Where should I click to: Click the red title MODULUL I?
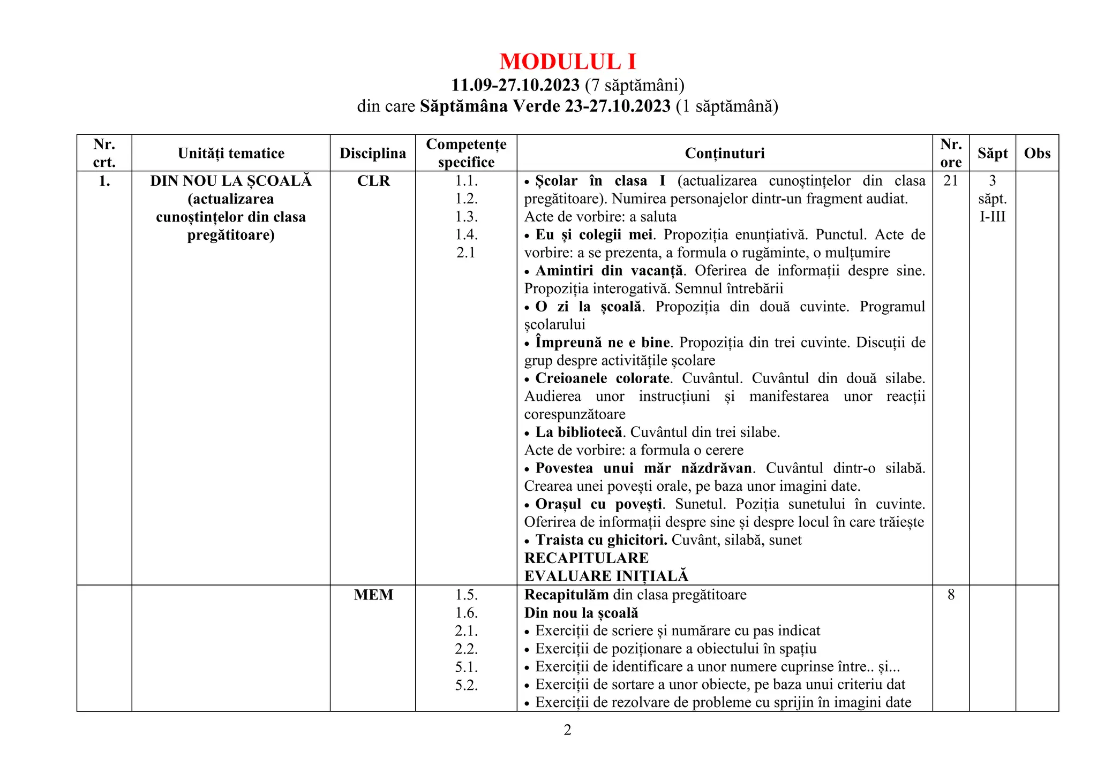pyautogui.click(x=567, y=62)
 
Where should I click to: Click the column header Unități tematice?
pyautogui.click(x=231, y=154)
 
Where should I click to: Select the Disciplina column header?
pyautogui.click(x=373, y=154)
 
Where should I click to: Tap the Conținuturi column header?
pyautogui.click(x=725, y=154)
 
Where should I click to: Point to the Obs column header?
pyautogui.click(x=1037, y=154)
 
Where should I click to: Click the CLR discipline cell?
pyautogui.click(x=373, y=181)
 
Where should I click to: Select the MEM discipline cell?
pyautogui.click(x=373, y=595)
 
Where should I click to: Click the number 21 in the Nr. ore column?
pyautogui.click(x=951, y=181)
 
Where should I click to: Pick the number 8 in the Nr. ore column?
pyautogui.click(x=951, y=595)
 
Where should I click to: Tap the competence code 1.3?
pyautogui.click(x=466, y=217)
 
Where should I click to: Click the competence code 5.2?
pyautogui.click(x=466, y=685)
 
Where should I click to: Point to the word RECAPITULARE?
pyautogui.click(x=587, y=558)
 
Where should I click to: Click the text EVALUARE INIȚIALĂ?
pyautogui.click(x=606, y=576)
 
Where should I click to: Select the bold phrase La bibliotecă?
pyautogui.click(x=579, y=432)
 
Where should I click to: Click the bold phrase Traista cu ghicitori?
pyautogui.click(x=601, y=540)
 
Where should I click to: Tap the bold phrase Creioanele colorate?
pyautogui.click(x=603, y=378)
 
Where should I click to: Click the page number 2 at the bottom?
pyautogui.click(x=568, y=730)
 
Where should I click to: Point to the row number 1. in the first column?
pyautogui.click(x=104, y=181)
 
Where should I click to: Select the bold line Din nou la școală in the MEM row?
pyautogui.click(x=581, y=613)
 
